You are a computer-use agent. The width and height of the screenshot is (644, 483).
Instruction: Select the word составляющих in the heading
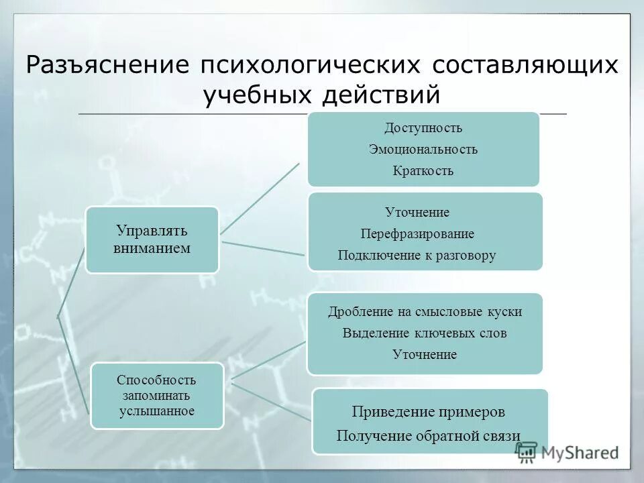(525, 65)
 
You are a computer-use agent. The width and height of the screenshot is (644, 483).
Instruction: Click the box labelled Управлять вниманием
(152, 239)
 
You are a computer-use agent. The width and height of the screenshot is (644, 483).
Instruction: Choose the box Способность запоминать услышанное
(157, 395)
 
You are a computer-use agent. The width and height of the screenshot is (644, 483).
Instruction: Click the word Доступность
(423, 128)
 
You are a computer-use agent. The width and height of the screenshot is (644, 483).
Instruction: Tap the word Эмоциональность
(423, 149)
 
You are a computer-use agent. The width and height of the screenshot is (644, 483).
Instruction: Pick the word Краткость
(423, 170)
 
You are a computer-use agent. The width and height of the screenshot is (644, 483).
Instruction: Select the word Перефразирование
(417, 233)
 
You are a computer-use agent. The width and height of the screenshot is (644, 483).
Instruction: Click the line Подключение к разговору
(417, 255)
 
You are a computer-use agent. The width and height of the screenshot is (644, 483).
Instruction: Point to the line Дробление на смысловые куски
(425, 311)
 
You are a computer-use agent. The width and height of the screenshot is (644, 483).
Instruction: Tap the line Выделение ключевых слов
(425, 333)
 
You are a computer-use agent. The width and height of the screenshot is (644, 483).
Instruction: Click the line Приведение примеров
(429, 411)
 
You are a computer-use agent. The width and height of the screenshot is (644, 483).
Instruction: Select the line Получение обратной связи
(429, 435)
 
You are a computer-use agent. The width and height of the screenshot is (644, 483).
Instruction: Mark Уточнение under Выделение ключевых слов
(425, 354)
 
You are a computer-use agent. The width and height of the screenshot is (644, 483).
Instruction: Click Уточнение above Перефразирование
(417, 212)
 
